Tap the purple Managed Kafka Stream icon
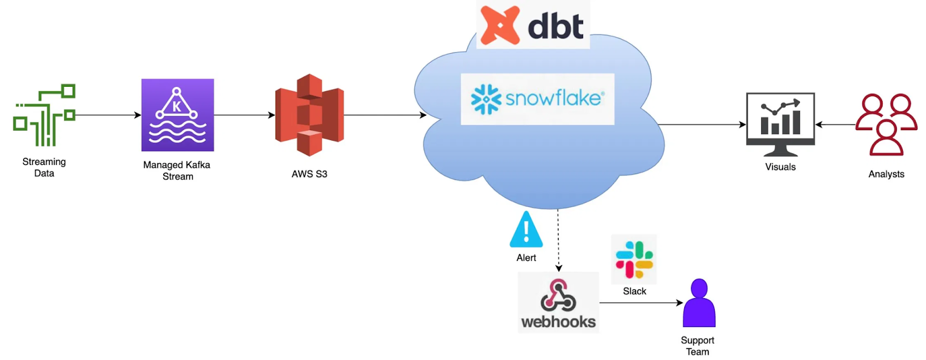(x=178, y=115)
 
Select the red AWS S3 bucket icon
(x=310, y=115)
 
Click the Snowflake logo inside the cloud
(x=537, y=99)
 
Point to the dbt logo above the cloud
(x=532, y=25)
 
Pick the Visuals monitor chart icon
(x=780, y=124)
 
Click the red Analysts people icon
(x=886, y=124)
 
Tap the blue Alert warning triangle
(x=526, y=230)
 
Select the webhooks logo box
(x=558, y=303)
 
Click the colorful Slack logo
(x=634, y=260)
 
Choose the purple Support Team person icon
(x=699, y=303)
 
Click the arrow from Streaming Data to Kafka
(x=108, y=115)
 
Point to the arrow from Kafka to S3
(x=244, y=115)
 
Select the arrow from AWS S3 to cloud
(x=385, y=115)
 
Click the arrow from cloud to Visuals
(x=701, y=124)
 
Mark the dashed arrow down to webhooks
(x=558, y=240)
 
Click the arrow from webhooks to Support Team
(x=641, y=303)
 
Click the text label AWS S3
(x=310, y=174)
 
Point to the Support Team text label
(x=697, y=346)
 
